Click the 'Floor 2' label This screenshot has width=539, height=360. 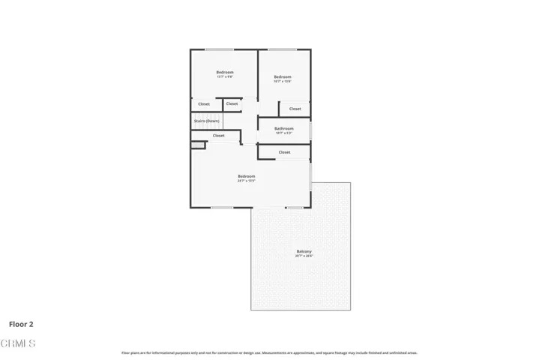(x=21, y=325)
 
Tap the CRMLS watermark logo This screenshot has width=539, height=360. (x=19, y=344)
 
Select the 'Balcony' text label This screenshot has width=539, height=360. (x=304, y=251)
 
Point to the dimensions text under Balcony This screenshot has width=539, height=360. (x=304, y=256)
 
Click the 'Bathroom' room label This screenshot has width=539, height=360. (x=283, y=128)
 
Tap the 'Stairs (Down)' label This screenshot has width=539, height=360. (x=207, y=121)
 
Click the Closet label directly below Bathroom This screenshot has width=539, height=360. (x=284, y=152)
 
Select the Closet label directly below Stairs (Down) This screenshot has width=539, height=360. (x=218, y=136)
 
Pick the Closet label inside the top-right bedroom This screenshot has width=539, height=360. (x=295, y=109)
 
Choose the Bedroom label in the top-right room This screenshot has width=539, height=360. (x=282, y=76)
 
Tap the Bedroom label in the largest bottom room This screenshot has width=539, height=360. (x=247, y=176)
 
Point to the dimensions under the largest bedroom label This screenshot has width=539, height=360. (x=247, y=181)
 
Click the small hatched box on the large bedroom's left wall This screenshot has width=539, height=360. (x=197, y=145)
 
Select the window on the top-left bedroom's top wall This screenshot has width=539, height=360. (x=218, y=50)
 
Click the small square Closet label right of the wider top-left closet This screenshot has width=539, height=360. (x=232, y=103)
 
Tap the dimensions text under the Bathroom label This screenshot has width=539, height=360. (x=283, y=133)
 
